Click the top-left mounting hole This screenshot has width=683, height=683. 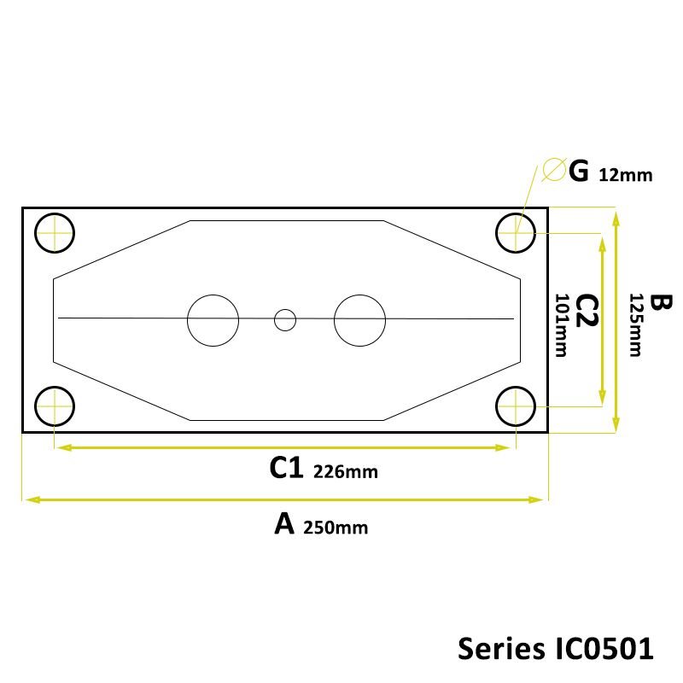(x=55, y=231)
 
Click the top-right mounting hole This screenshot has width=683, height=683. (x=517, y=231)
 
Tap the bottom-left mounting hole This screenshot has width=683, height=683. (x=55, y=406)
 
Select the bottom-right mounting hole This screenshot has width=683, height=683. (x=517, y=406)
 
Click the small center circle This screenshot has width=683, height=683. (x=284, y=320)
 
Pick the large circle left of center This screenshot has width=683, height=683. (x=213, y=320)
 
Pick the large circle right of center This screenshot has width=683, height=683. (x=360, y=320)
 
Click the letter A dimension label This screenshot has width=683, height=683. (x=284, y=523)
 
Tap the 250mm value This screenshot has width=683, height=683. (x=336, y=527)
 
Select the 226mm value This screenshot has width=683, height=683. (x=346, y=471)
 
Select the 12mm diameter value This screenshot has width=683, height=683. (x=625, y=175)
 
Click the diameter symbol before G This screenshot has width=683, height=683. (x=552, y=171)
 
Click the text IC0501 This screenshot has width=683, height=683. (x=598, y=647)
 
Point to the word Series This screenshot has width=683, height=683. (x=496, y=647)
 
